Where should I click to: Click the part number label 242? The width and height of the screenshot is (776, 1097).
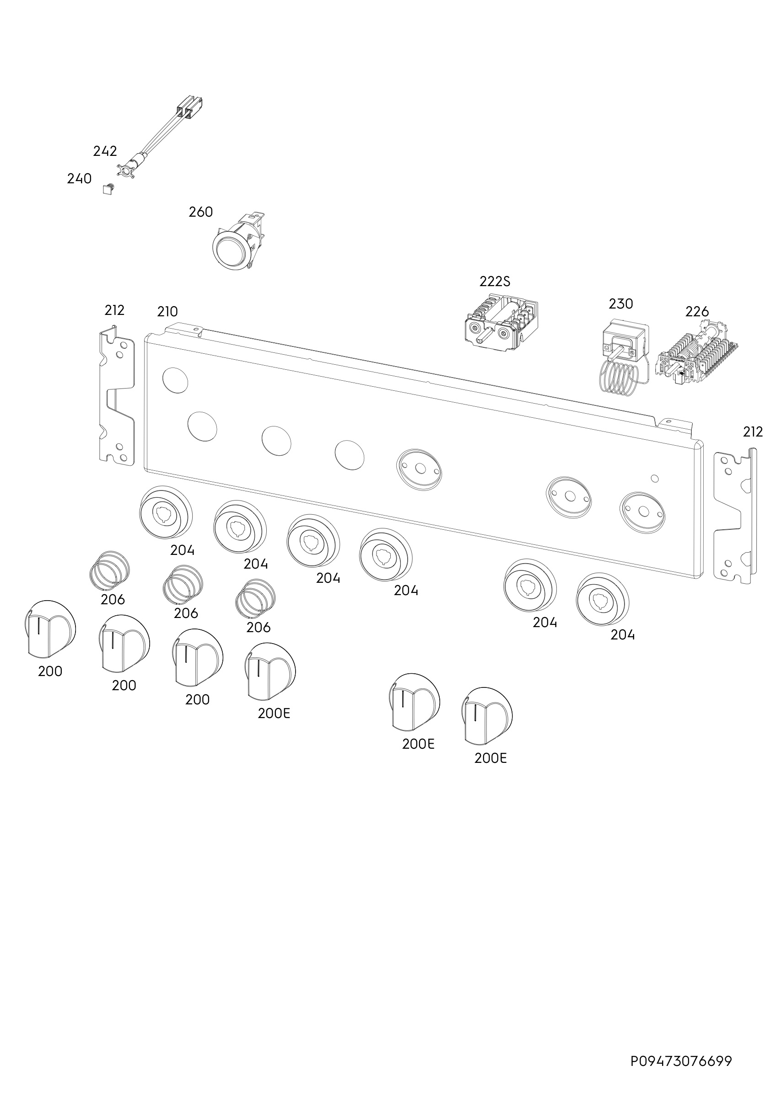105,151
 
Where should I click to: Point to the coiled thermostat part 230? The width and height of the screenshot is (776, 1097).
623,356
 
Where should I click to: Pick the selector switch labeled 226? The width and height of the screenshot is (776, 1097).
699,354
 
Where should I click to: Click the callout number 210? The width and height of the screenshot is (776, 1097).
167,312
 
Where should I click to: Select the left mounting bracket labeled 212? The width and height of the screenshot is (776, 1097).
116,394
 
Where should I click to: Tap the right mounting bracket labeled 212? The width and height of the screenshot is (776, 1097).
735,516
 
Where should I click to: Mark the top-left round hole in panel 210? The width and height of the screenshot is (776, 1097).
176,380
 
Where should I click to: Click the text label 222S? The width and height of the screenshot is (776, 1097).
495,281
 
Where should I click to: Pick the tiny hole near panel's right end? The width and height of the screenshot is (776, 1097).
655,478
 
